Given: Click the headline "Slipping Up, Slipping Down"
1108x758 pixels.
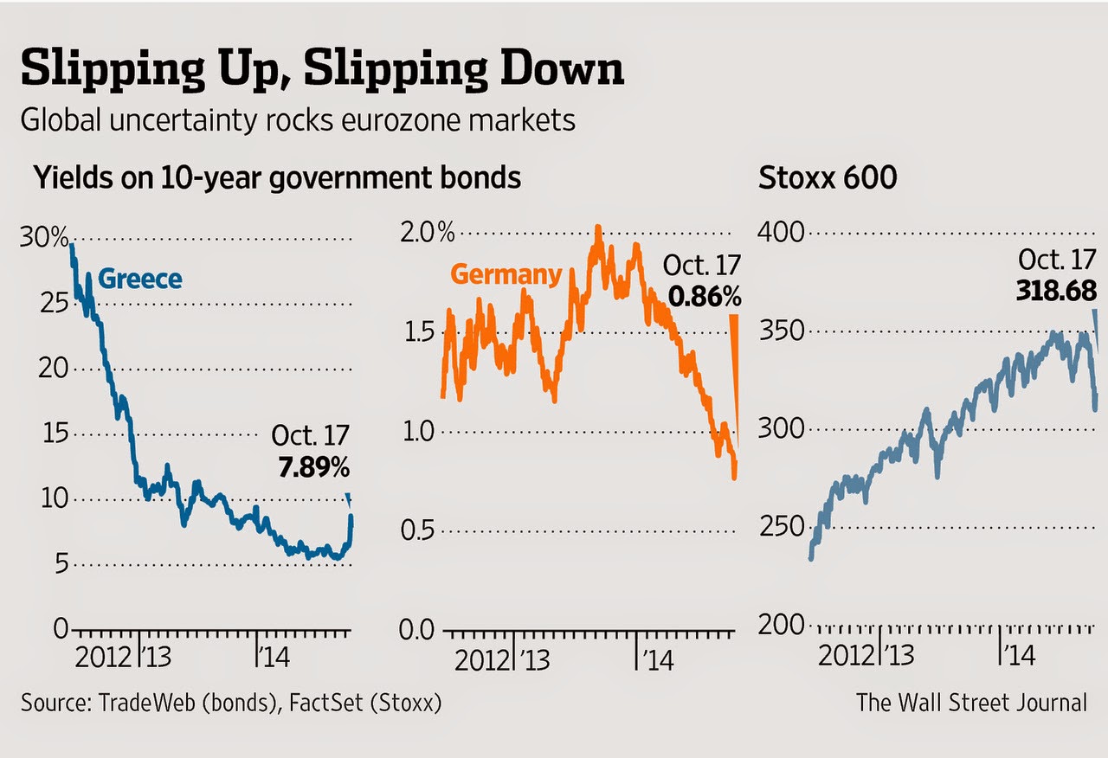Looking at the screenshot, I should pos(321,70).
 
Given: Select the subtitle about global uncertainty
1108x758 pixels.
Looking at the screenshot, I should pos(298,120).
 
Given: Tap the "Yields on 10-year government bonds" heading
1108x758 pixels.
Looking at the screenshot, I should pos(277,178).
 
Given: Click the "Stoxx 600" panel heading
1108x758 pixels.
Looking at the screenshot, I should pos(828,178).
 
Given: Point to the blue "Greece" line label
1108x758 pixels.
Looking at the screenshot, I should pos(140,279).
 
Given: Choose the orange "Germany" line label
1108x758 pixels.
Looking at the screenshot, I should pos(506,275).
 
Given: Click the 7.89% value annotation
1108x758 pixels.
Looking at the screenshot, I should pos(313,469).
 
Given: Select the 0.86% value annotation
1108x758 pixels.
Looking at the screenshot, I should pos(705,298).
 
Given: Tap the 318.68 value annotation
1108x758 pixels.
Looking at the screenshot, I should pos(1056,290).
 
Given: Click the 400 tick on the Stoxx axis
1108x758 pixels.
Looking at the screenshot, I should pos(782,233).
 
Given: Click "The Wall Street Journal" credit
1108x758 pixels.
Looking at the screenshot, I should pos(971,702).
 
